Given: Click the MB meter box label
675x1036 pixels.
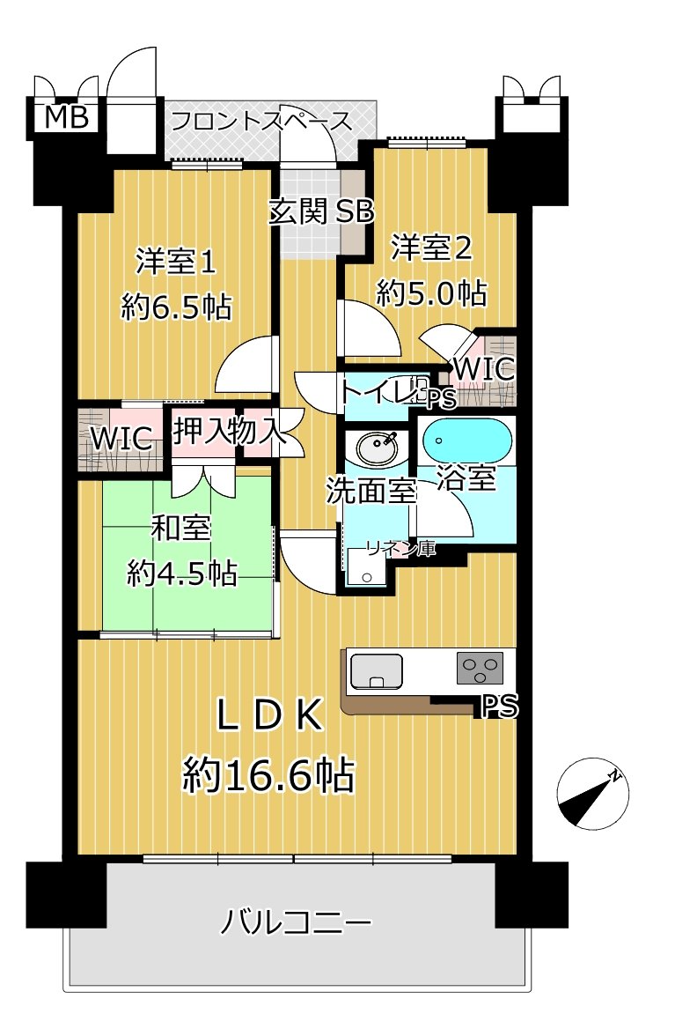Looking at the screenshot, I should pos(67,118).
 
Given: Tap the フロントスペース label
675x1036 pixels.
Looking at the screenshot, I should pos(260,121).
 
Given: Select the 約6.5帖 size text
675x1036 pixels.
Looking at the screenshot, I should pos(176,307).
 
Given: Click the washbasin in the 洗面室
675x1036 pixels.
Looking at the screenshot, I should pos(377,448).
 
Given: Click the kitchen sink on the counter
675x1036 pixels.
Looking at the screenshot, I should pos(376,671).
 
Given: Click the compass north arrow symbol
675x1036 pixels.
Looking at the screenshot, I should pos(593,793).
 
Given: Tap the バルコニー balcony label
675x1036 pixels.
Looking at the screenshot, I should pos(296,924).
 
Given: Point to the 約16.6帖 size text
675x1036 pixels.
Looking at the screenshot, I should pos(268,776).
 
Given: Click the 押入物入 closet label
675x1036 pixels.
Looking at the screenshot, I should pos(227,433).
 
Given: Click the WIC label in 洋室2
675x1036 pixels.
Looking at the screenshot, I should pos(484,369).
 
